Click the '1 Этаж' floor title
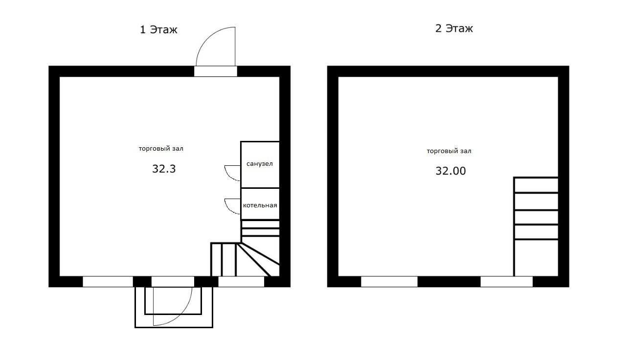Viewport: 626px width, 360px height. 158,29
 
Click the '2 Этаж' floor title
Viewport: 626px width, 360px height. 454,28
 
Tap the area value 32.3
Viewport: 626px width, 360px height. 164,169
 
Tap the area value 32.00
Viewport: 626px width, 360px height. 450,171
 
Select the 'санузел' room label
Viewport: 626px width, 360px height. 259,164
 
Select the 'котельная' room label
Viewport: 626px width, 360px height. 260,205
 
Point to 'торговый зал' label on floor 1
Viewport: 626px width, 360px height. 161,149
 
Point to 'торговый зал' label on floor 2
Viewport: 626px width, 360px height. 449,151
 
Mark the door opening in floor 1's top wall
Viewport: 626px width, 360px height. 216,71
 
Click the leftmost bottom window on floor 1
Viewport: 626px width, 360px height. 108,281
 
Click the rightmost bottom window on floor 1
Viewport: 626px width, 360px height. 241,281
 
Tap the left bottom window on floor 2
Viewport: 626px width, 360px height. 389,281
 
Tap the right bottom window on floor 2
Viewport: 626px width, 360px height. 506,281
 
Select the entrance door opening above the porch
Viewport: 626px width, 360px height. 173,281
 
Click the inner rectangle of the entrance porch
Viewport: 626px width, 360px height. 173,314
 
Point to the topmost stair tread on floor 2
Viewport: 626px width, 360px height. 536,185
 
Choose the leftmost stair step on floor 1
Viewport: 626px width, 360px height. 216,260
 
